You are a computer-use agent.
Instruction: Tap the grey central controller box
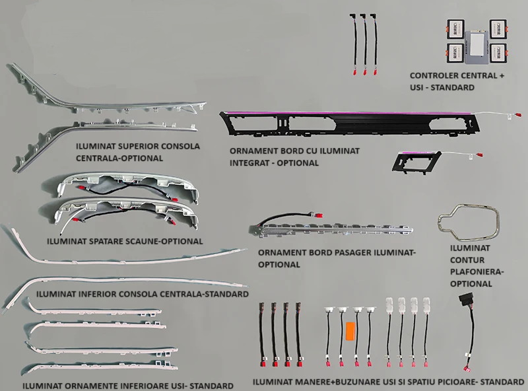[477, 47]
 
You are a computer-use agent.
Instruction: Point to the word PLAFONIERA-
[477, 271]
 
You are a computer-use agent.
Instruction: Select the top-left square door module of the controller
[456, 28]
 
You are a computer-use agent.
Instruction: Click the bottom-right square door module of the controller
[498, 53]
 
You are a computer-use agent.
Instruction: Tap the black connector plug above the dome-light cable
[465, 300]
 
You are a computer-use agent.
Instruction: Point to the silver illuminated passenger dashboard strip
[331, 230]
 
